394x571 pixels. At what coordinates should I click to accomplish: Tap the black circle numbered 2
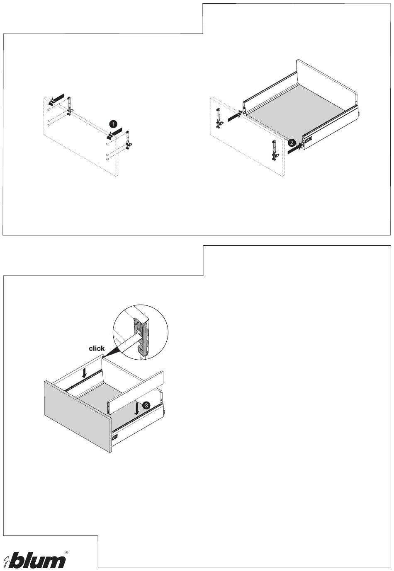point(292,143)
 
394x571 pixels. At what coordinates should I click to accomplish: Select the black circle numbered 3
point(146,405)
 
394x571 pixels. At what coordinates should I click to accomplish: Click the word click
point(97,348)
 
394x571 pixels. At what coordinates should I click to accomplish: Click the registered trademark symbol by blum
point(67,553)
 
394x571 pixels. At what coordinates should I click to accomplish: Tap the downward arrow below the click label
point(85,373)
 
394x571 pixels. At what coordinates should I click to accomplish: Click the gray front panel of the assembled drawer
point(77,414)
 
